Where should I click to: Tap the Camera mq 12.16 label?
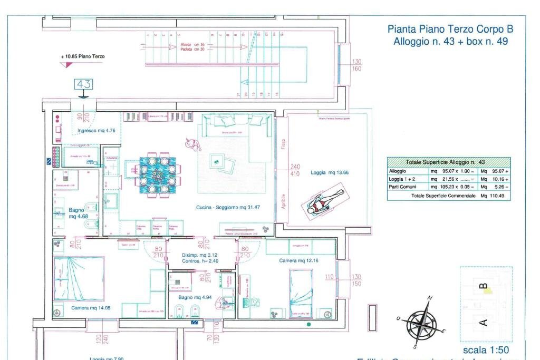(x=299, y=260)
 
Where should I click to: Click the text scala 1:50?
(x=486, y=350)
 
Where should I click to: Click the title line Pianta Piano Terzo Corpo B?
(x=450, y=30)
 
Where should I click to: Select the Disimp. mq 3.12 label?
(x=192, y=255)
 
